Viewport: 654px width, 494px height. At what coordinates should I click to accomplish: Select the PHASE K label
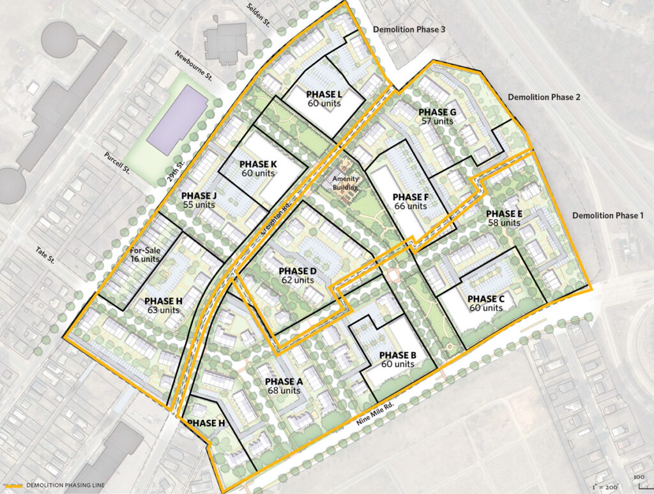(x=258, y=168)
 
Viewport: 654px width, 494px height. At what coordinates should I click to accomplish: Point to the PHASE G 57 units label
(x=437, y=117)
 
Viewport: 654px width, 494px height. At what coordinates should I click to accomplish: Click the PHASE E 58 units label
(x=503, y=218)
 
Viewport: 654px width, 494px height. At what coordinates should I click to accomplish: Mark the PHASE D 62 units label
(x=296, y=275)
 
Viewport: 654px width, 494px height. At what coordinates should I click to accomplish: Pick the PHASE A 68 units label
(x=284, y=385)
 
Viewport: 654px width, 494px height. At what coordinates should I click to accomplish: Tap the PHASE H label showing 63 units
(x=162, y=305)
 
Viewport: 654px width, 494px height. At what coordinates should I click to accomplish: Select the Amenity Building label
(x=346, y=183)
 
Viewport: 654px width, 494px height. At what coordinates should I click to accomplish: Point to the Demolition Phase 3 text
(x=408, y=29)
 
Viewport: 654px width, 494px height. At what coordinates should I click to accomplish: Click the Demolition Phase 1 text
(x=607, y=216)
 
